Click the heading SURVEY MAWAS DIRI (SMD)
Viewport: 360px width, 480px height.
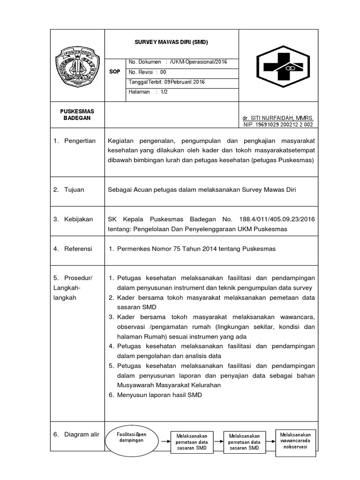coord(171,42)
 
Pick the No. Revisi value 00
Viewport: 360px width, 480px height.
coord(163,72)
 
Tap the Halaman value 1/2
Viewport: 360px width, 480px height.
coord(164,92)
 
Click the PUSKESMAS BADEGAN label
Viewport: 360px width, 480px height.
coord(77,114)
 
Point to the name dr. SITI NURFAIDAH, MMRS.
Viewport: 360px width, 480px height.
coord(278,118)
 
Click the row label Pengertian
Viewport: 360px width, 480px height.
coord(79,141)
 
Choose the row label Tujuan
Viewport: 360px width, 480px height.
coord(75,189)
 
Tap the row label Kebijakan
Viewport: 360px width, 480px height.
coord(79,219)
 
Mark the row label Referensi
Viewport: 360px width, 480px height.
coord(78,248)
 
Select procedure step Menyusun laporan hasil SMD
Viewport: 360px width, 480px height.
coord(159,395)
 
